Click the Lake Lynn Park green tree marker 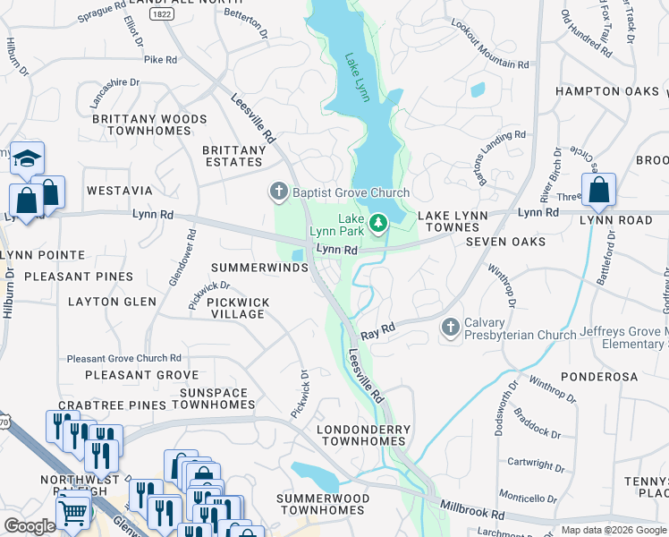[x=377, y=220]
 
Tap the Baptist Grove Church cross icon [x=278, y=192]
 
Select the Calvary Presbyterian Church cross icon [x=451, y=328]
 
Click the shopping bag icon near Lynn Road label [x=598, y=191]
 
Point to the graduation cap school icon [x=27, y=159]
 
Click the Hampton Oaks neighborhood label [x=606, y=91]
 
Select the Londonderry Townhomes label [x=364, y=436]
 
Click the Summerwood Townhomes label [x=323, y=503]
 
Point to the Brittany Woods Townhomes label [x=148, y=124]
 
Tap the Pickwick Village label [x=238, y=309]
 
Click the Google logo [x=29, y=526]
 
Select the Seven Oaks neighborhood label [x=505, y=242]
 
